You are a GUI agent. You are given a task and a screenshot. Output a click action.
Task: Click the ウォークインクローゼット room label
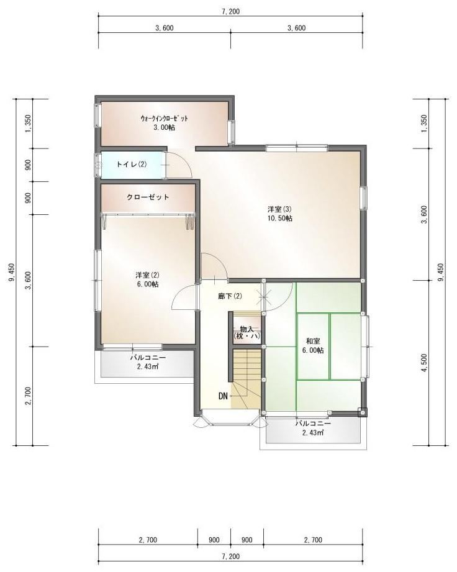pos(164,118)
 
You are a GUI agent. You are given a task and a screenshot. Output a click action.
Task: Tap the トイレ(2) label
pos(131,165)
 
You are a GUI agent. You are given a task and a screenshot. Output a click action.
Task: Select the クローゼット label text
pos(148,197)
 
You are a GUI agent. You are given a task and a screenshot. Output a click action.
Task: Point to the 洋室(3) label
pos(280,209)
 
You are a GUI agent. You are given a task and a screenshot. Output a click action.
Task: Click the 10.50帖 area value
pos(280,219)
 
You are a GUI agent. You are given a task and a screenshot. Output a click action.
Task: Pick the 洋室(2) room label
pos(147,275)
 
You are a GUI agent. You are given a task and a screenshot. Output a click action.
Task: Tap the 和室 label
pos(313,341)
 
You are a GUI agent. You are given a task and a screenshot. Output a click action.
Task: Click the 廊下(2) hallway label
pos(230,296)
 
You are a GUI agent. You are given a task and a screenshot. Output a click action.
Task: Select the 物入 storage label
pos(247,329)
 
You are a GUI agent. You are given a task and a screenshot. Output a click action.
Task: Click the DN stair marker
pos(223,396)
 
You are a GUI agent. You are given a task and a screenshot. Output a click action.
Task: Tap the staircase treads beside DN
pos(247,378)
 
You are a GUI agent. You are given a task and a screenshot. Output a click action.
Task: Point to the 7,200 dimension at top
pos(230,12)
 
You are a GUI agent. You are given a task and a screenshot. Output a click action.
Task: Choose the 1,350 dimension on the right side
pos(423,124)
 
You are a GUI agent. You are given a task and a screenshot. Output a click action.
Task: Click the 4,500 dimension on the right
pos(423,363)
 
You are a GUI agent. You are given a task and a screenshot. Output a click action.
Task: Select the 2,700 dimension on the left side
pos(29,396)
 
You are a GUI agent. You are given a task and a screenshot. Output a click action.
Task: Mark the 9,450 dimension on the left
pos(12,272)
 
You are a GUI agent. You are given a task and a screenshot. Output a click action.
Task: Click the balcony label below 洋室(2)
pos(148,358)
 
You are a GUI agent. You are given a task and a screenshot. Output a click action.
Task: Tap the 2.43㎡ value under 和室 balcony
pos(313,433)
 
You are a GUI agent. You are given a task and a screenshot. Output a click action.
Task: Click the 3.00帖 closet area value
pos(164,127)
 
